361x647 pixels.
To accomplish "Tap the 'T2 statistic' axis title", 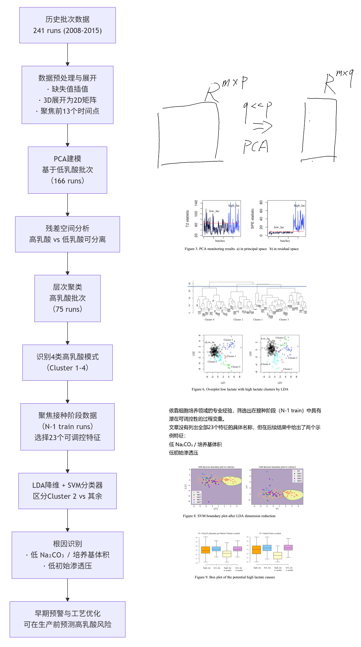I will [x=187, y=219].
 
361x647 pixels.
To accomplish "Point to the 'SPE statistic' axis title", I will [x=252, y=219].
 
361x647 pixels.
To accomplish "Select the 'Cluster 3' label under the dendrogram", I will [x=284, y=320].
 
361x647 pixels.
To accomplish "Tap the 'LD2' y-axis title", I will [x=193, y=354].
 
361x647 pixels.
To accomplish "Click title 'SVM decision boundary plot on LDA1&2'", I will [x=216, y=467].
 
